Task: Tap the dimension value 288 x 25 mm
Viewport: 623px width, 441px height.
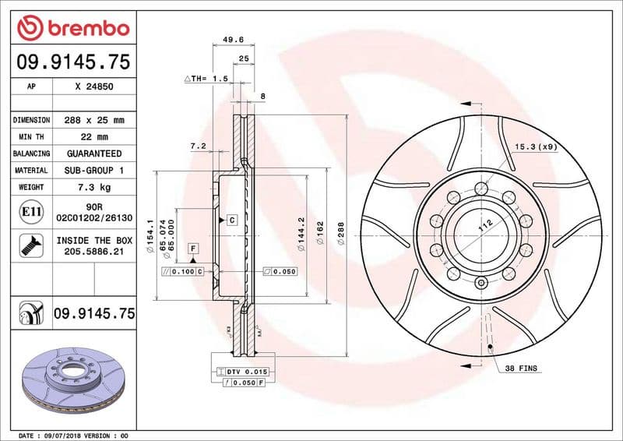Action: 94,121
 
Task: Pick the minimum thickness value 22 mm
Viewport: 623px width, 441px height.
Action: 94,137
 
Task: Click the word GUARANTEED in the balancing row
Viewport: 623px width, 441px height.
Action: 94,153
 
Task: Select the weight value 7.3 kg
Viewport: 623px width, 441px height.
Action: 94,187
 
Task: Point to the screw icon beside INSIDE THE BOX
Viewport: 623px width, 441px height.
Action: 28,245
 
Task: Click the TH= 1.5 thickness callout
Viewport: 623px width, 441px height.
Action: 206,79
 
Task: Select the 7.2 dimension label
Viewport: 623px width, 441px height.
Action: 197,146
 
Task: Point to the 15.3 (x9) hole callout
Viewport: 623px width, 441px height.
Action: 536,146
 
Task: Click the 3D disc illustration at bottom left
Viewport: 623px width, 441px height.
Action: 69,373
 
